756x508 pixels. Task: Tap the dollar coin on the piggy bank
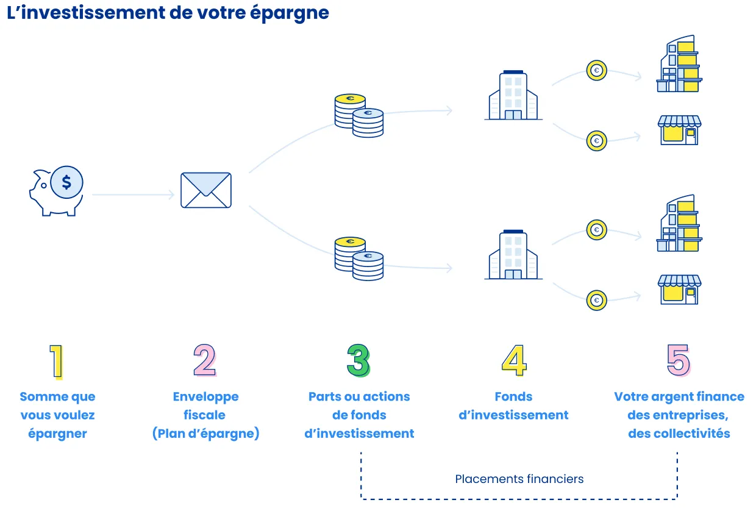tap(66, 182)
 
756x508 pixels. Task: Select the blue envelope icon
tap(206, 190)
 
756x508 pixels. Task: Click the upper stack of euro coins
tap(358, 115)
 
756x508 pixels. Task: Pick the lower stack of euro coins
tap(358, 259)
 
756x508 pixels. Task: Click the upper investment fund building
tap(513, 96)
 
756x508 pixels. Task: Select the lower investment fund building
tap(513, 256)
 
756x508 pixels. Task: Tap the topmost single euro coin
tap(596, 71)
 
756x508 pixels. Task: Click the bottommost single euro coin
tap(596, 300)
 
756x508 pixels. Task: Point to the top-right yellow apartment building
tap(679, 64)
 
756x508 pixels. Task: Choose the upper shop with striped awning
tap(679, 130)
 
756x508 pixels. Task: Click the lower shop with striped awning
tap(679, 290)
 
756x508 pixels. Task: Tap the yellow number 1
tap(57, 361)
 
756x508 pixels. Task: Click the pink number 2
tap(205, 360)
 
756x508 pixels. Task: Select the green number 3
tap(358, 360)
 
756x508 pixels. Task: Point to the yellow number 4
tap(513, 360)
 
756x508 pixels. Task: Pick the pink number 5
tap(678, 360)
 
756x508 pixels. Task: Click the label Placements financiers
tap(519, 479)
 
